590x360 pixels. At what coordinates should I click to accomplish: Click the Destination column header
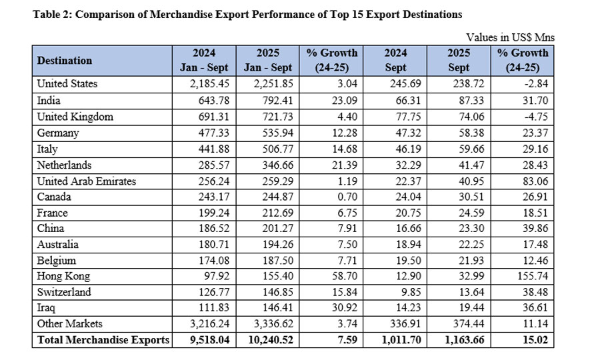click(65, 61)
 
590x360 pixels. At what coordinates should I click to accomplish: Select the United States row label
click(67, 84)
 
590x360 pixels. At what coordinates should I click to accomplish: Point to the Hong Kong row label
click(63, 276)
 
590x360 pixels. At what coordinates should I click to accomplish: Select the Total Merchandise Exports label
click(103, 340)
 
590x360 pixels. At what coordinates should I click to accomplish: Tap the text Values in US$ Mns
click(510, 38)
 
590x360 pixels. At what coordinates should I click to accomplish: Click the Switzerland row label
click(64, 292)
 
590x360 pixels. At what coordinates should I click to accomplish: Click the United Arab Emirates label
click(87, 181)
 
